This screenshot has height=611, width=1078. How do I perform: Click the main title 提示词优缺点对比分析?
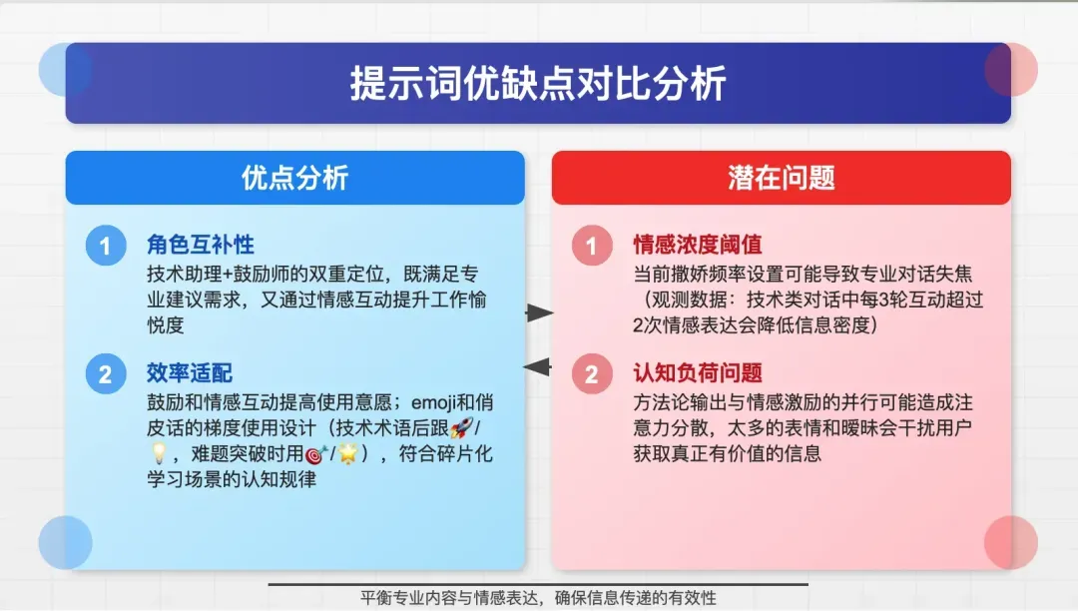coord(538,84)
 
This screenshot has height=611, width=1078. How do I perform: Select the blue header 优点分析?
coord(294,178)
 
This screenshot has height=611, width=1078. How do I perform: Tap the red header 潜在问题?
coord(781,178)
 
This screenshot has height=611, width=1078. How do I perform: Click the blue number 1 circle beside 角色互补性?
coord(106,246)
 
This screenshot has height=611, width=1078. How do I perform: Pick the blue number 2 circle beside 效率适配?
coord(106,373)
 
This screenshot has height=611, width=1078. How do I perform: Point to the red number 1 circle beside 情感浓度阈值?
coord(592,246)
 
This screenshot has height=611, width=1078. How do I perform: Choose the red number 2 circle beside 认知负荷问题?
coord(592,373)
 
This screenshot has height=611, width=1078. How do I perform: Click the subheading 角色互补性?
coord(200,245)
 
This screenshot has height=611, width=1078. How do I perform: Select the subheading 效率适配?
coord(189,373)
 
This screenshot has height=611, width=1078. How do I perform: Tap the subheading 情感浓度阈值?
coord(697,245)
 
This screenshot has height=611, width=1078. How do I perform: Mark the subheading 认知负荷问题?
coord(697,373)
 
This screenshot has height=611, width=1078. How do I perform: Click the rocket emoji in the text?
coord(462,427)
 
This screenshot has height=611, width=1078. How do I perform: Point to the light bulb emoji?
coord(159,453)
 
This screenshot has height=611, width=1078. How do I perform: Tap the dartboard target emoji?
coord(315,454)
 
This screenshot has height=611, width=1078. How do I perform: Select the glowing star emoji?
coord(348,453)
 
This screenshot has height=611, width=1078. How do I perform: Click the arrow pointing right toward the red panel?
coord(539,313)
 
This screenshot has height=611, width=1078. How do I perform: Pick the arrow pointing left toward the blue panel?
coord(538,367)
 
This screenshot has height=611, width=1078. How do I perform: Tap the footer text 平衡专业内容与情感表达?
coord(449,598)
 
